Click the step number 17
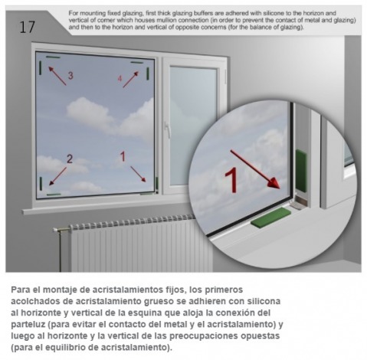pyautogui.click(x=27, y=28)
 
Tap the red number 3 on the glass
pyautogui.click(x=70, y=75)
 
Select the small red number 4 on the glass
pyautogui.click(x=120, y=78)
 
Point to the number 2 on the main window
pyautogui.click(x=70, y=159)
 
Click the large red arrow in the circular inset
pyautogui.click(x=255, y=169)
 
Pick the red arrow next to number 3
pyautogui.click(x=57, y=76)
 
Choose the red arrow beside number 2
pyautogui.click(x=57, y=176)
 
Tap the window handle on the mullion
pyautogui.click(x=167, y=129)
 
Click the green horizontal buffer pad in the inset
pyautogui.click(x=271, y=217)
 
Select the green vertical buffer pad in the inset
pyautogui.click(x=301, y=170)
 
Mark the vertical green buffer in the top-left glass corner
pyautogui.click(x=41, y=68)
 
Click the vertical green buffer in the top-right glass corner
pyautogui.click(x=148, y=74)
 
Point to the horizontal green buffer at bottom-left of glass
pyautogui.click(x=54, y=195)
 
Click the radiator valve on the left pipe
pyautogui.click(x=59, y=230)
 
